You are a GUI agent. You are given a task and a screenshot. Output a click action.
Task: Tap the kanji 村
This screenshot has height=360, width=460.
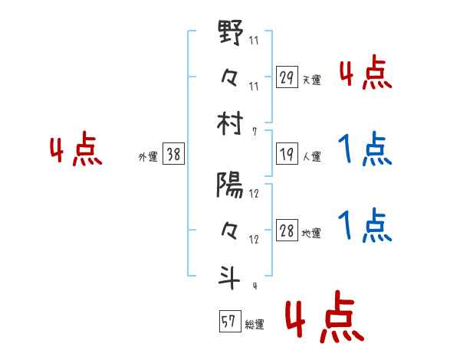pyautogui.click(x=230, y=122)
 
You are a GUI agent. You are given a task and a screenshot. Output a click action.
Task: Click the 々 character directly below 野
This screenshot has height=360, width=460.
pyautogui.click(x=230, y=78)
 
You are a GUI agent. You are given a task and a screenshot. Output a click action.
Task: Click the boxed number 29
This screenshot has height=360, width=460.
pyautogui.click(x=287, y=77)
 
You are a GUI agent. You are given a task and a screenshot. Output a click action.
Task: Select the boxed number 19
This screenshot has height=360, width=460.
pyautogui.click(x=287, y=154)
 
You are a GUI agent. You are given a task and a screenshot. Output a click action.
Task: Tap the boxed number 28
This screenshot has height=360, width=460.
pyautogui.click(x=287, y=231)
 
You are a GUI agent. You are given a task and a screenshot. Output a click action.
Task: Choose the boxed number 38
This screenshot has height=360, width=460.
pyautogui.click(x=173, y=155)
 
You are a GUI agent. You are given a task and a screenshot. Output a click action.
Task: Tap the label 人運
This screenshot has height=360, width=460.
pyautogui.click(x=312, y=156)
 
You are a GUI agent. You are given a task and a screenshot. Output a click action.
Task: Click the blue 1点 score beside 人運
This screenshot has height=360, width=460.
pyautogui.click(x=365, y=149)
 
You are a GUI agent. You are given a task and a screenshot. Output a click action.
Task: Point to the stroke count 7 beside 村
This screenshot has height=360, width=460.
pyautogui.click(x=253, y=132)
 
